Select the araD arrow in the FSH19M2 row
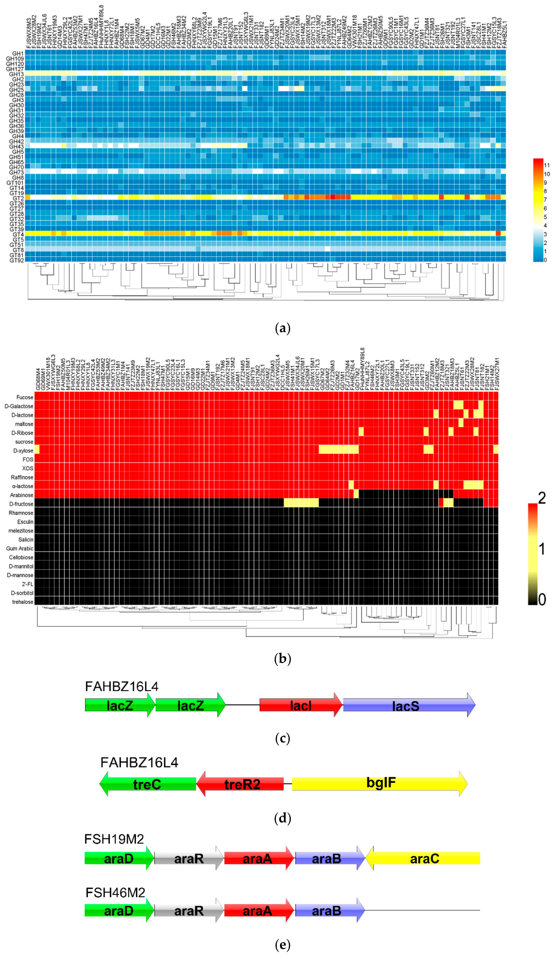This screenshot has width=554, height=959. click(119, 859)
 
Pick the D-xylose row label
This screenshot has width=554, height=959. click(23, 451)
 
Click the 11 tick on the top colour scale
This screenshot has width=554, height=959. click(547, 165)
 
